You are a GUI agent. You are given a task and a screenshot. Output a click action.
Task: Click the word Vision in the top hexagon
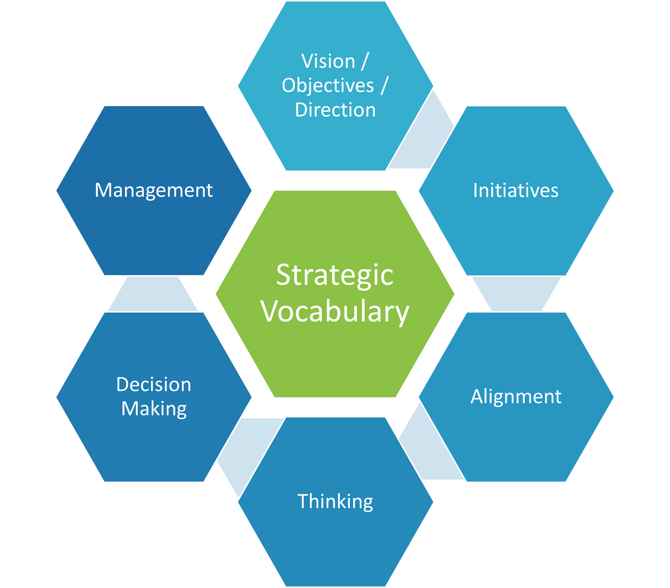(328, 62)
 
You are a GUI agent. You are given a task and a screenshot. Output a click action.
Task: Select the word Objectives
(327, 86)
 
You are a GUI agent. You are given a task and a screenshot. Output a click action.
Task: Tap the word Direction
(335, 110)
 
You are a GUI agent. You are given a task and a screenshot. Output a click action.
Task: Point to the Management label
(154, 190)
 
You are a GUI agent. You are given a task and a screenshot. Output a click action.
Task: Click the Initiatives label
(516, 190)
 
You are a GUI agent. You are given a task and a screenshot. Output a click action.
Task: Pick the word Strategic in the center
(334, 275)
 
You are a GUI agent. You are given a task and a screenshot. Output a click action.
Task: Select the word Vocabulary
(335, 312)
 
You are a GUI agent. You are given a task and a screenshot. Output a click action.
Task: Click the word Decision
(154, 385)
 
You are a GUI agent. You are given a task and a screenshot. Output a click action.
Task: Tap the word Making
(154, 409)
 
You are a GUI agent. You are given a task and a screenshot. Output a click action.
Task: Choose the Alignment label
(516, 396)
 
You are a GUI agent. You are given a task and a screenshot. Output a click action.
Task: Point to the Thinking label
(335, 501)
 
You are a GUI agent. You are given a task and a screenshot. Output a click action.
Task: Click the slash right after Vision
(364, 62)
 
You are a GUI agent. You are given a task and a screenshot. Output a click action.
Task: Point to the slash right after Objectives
(384, 86)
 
